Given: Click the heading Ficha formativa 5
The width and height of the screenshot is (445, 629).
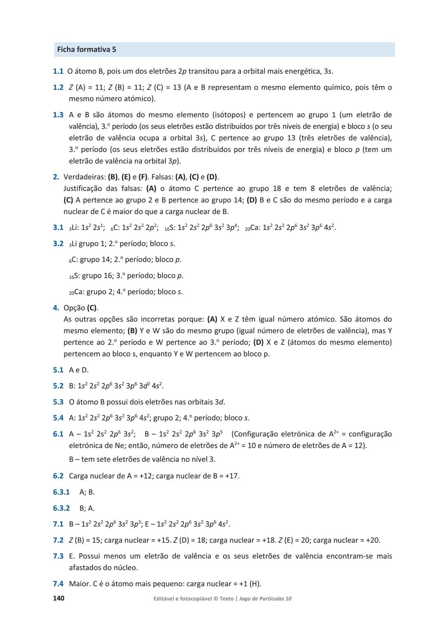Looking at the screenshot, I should (87, 49).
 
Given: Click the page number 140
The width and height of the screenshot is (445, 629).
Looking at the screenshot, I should (59, 598).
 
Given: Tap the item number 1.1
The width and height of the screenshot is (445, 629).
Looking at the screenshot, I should (58, 71).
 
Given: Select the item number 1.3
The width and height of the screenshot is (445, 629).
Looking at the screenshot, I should (58, 115).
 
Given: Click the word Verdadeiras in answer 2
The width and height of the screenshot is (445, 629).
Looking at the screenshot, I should (84, 177).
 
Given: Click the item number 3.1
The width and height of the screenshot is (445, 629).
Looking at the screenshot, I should (58, 227).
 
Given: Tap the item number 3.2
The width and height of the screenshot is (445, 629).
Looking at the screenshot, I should (58, 243).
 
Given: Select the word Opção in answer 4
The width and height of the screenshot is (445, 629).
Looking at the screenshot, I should (74, 308).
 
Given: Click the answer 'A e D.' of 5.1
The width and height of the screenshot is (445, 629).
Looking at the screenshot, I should (79, 370).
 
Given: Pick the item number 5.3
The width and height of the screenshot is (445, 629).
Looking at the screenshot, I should (58, 402).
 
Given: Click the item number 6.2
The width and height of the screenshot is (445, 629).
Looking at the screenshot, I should (58, 476).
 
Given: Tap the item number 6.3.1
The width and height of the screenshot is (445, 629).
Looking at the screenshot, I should (61, 492).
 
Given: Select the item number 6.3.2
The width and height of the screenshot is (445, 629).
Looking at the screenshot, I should (61, 508).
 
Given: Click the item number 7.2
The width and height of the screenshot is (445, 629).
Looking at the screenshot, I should (58, 540).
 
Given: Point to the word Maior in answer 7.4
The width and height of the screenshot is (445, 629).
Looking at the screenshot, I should (78, 584).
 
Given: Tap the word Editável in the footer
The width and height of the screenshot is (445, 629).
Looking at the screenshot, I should (164, 599).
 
